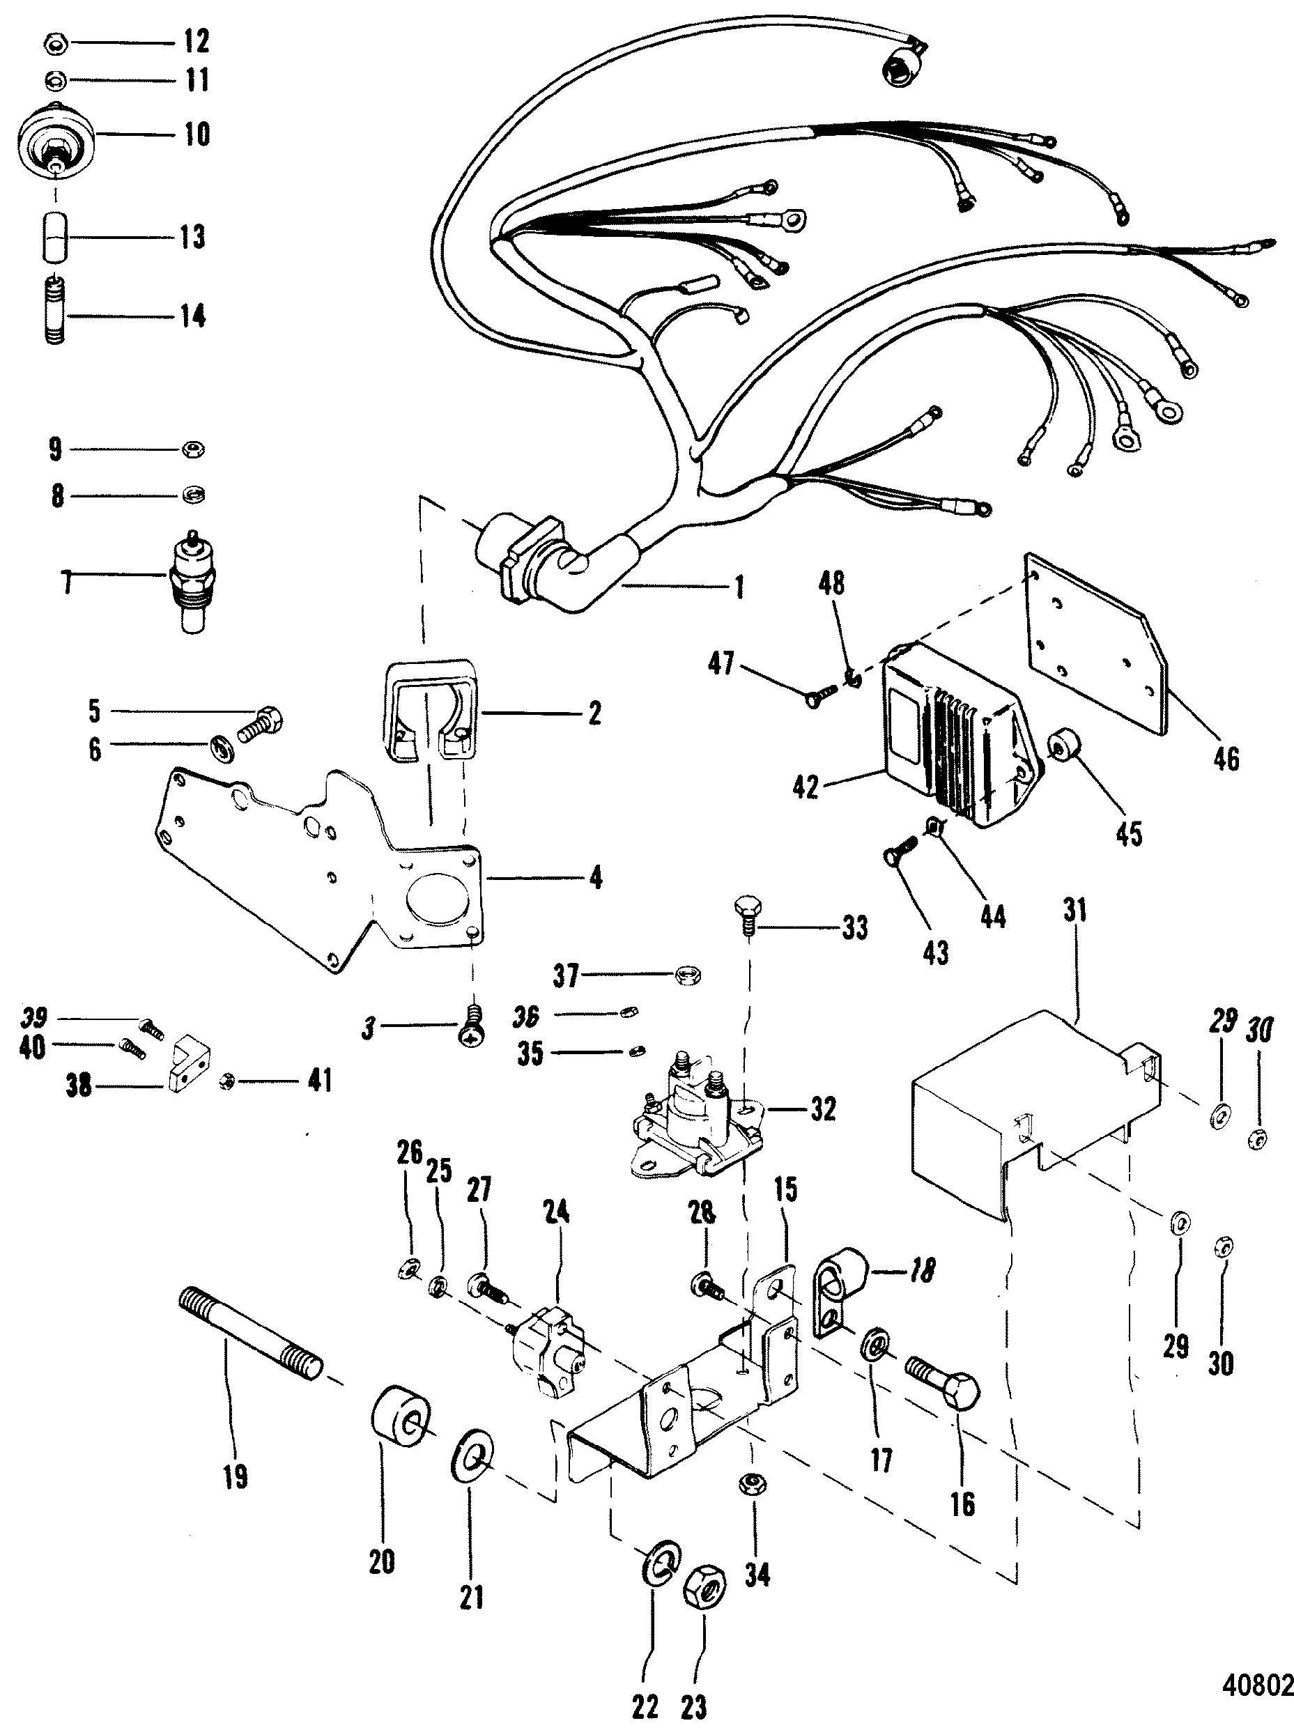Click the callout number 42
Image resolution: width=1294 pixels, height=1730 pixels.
[x=804, y=787]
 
